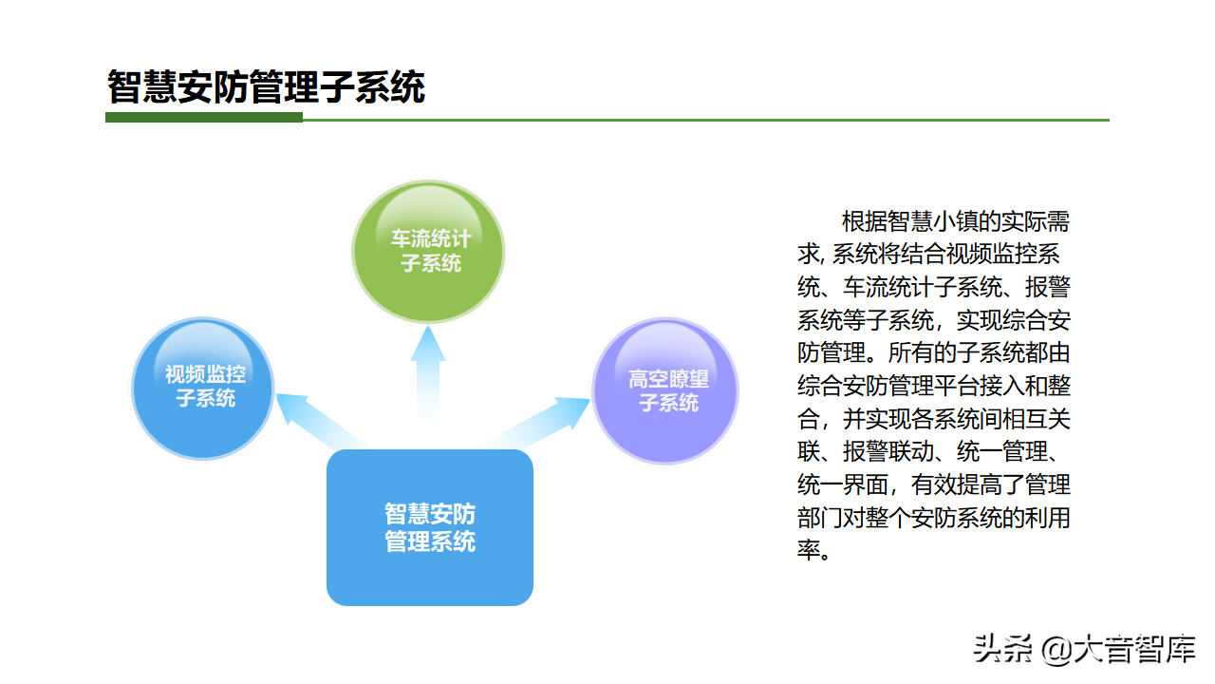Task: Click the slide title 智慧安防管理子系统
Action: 266,86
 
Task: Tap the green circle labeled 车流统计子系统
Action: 428,252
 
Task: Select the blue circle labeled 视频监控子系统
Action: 203,389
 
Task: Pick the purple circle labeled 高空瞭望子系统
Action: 665,390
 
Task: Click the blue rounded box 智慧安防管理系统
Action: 430,527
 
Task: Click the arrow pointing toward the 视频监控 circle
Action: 320,421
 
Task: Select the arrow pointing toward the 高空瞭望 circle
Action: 537,423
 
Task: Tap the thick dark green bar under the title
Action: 204,117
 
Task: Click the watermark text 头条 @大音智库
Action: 1084,648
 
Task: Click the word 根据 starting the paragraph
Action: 864,221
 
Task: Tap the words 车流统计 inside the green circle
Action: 431,238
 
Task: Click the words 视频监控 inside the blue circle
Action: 205,374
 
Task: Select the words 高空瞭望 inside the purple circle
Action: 668,379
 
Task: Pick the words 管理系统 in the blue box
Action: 430,541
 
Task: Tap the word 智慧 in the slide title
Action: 142,86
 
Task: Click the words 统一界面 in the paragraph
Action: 842,484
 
